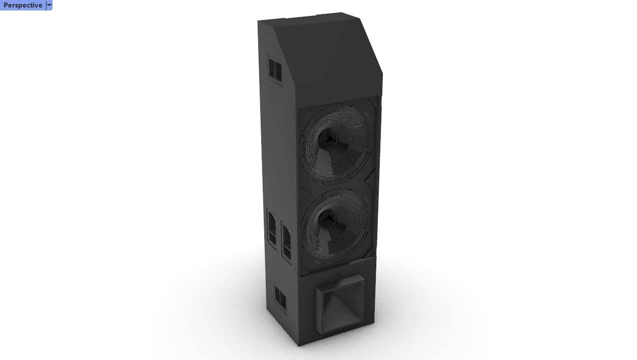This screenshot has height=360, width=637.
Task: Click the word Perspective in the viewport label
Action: point(23,5)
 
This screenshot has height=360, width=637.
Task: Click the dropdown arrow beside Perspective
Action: point(49,5)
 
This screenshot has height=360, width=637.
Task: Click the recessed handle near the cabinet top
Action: point(275,70)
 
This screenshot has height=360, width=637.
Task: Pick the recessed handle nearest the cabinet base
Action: point(280,298)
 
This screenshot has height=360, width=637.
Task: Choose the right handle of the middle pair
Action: point(286,243)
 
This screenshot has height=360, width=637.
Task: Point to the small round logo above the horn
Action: point(338,274)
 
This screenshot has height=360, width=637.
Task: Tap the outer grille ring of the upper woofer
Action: point(360,120)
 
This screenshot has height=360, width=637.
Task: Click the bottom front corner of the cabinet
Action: point(299,345)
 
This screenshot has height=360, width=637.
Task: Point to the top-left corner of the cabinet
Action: point(258,22)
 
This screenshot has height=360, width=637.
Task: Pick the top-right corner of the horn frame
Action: point(364,275)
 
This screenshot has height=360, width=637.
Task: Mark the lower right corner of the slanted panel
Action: point(381,95)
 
